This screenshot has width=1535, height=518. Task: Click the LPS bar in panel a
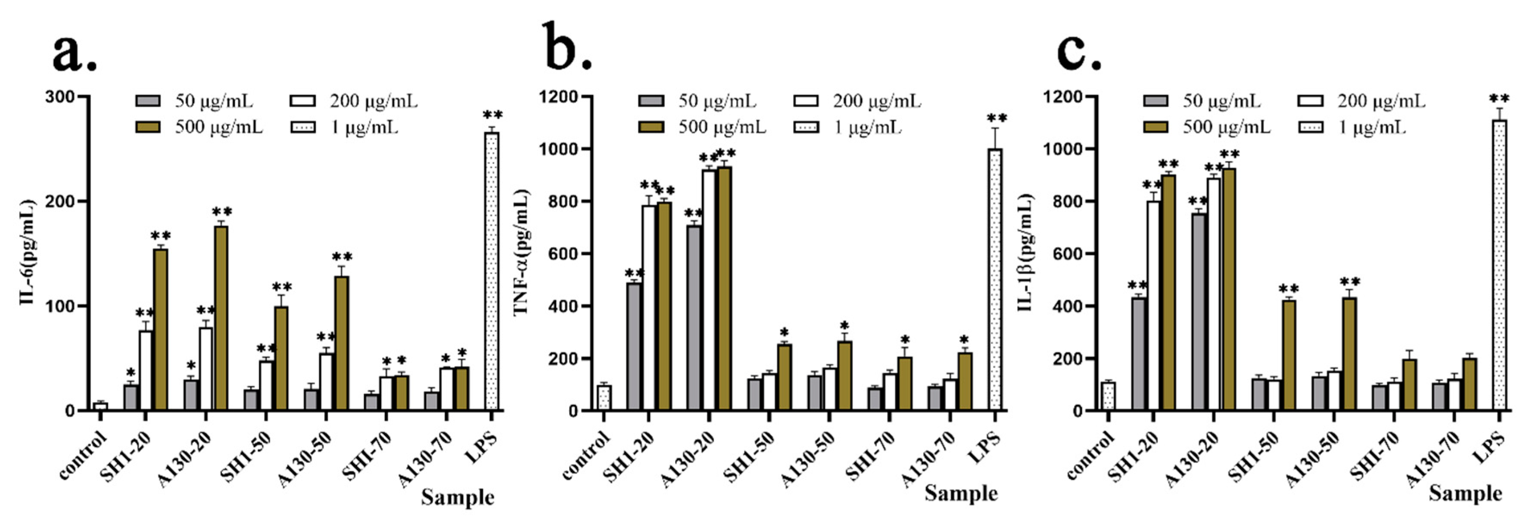pos(492,272)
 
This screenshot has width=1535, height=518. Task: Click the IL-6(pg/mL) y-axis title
pos(27,253)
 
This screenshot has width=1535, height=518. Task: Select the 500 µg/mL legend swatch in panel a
pos(148,127)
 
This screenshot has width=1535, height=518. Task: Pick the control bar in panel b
pos(604,398)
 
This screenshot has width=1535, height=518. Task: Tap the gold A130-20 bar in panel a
pos(221,318)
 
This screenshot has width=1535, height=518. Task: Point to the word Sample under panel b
pos(961,493)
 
